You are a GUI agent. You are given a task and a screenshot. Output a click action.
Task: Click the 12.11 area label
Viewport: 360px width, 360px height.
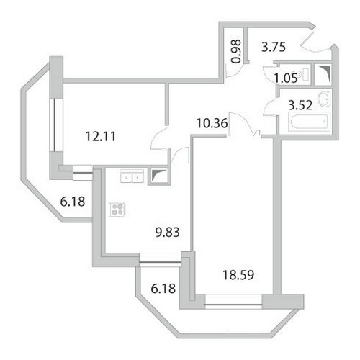(x=101, y=137)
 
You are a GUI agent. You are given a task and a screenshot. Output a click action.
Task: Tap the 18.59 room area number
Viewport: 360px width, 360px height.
(x=238, y=275)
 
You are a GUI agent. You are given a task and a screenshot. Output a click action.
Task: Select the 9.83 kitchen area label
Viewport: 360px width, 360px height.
(x=168, y=233)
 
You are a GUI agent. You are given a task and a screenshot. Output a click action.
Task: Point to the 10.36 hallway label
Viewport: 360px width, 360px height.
(x=212, y=123)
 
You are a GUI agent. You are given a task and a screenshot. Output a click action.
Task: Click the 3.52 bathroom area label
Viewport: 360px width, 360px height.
(x=300, y=105)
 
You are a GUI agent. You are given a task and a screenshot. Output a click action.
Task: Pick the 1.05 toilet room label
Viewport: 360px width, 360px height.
(x=286, y=78)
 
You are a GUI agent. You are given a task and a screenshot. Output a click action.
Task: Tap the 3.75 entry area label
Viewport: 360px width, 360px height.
(x=274, y=47)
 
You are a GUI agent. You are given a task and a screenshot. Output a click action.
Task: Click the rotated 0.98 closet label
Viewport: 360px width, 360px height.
(x=236, y=51)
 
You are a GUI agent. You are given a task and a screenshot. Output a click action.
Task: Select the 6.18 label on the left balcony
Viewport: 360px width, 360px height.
(x=73, y=202)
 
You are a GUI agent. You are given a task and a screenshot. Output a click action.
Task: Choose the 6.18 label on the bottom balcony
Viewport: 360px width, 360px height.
(x=163, y=289)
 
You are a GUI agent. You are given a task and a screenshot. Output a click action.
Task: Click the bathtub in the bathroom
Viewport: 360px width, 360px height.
(x=309, y=122)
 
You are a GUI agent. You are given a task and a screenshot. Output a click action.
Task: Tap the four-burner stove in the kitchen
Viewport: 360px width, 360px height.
(x=117, y=210)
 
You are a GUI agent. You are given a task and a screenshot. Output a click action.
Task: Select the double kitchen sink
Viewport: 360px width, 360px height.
(x=132, y=176)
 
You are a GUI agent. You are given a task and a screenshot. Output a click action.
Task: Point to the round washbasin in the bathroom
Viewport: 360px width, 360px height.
(x=324, y=99)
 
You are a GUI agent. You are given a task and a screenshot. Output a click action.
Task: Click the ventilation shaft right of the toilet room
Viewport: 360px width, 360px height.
(x=323, y=74)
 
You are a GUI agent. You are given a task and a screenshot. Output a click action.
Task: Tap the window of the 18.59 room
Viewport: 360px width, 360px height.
(x=233, y=302)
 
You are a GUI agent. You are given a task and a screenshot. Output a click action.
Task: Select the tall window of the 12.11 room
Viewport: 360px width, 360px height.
(x=56, y=125)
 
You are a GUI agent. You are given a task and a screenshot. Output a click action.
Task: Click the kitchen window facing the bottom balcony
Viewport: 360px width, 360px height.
(x=160, y=260)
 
